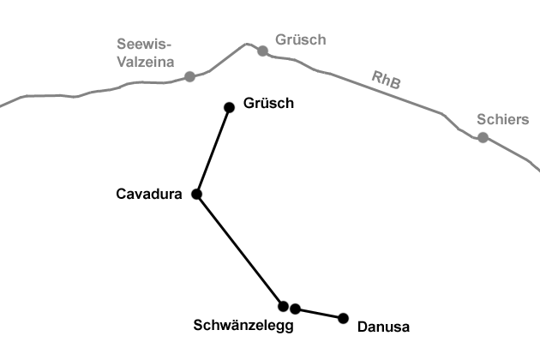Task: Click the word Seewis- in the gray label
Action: pos(145,45)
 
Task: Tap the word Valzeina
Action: pos(146,62)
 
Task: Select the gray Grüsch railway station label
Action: pos(300,39)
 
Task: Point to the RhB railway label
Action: pos(387,81)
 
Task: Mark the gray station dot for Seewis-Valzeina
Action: pos(189,76)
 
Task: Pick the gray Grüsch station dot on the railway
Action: pos(262,51)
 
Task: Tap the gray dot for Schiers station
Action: pos(483,137)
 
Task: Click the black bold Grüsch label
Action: pos(268,104)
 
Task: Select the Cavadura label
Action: pos(149,195)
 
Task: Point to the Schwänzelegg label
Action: pos(243,326)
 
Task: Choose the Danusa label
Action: pos(383,327)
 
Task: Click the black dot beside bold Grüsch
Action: pos(229,107)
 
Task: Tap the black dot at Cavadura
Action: pos(196,195)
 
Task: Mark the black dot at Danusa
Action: pos(343,318)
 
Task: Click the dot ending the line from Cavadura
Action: pos(283,306)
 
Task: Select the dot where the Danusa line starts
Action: pos(296,309)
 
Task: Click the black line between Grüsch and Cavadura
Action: pos(213,151)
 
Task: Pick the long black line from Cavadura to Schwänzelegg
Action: pos(240,250)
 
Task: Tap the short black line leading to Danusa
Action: pos(320,314)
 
